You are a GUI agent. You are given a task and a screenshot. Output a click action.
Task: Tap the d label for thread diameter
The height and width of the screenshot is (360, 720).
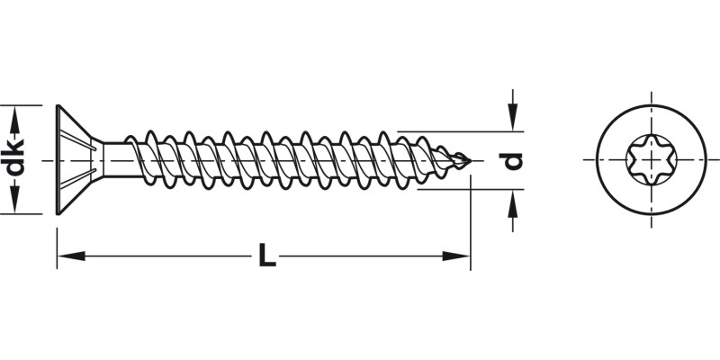(x=512, y=160)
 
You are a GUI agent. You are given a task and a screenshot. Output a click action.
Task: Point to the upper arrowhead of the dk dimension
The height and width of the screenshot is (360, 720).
(x=13, y=112)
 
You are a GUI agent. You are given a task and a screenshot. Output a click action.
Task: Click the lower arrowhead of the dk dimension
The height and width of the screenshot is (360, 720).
(x=13, y=207)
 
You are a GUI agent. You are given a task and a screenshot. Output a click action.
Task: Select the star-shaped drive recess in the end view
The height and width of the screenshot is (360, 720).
(x=648, y=160)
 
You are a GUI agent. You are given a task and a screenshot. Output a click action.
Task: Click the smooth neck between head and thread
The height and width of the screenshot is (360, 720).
(x=112, y=160)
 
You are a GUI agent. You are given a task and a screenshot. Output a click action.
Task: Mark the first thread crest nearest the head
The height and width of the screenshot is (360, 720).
(x=131, y=141)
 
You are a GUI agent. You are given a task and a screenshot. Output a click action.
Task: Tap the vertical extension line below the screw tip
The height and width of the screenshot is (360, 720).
(x=471, y=225)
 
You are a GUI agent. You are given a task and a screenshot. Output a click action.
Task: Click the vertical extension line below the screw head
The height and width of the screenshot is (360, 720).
(x=57, y=243)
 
